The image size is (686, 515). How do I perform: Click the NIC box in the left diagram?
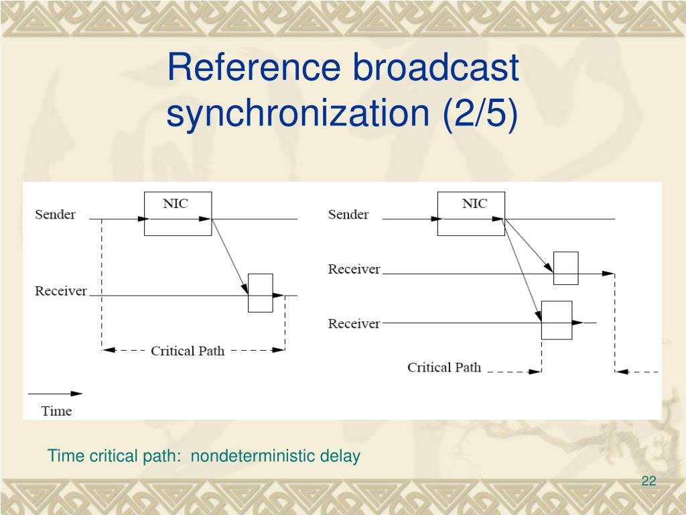[x=178, y=213]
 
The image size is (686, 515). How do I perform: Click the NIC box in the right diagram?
[x=471, y=213]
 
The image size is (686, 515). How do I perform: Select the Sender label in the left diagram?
[x=55, y=215]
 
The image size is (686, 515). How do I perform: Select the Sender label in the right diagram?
[x=348, y=215]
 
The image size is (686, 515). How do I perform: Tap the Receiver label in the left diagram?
[x=61, y=291]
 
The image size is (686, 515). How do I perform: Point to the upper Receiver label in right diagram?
[x=354, y=270]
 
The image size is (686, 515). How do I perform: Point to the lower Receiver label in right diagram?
[x=354, y=324]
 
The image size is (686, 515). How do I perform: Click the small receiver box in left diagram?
[x=260, y=293]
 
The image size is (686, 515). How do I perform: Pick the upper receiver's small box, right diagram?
[x=565, y=268]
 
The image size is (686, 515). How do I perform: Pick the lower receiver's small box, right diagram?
[x=556, y=321]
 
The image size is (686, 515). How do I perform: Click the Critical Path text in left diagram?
[x=188, y=351]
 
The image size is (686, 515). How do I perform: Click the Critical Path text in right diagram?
[x=444, y=367]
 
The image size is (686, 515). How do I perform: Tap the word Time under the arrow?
[x=56, y=411]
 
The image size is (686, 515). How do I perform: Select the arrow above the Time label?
[x=55, y=394]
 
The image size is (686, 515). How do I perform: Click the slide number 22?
[x=648, y=481]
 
